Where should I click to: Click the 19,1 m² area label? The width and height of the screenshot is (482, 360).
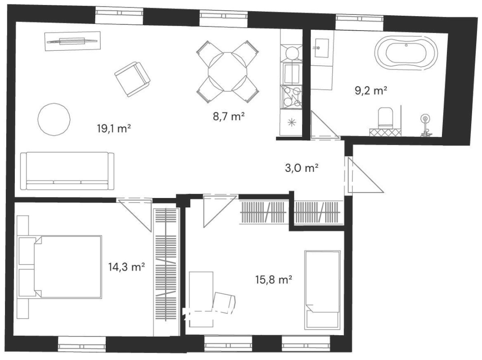click(114, 128)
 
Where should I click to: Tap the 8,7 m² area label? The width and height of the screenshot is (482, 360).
click(229, 116)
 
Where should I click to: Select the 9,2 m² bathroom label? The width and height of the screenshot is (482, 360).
click(371, 90)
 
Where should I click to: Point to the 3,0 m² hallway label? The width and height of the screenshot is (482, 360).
click(302, 168)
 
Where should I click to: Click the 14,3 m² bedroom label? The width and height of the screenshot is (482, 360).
click(127, 266)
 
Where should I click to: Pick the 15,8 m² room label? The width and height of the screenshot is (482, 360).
click(273, 279)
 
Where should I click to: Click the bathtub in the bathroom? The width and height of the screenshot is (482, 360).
click(406, 53)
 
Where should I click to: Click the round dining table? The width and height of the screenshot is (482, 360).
click(228, 72)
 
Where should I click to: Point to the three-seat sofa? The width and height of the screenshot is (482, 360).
click(67, 171)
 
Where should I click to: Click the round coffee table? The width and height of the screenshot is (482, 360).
click(54, 119)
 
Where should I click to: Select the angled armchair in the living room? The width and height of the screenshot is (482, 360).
click(133, 79)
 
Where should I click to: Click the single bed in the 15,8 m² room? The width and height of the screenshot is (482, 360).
click(322, 289)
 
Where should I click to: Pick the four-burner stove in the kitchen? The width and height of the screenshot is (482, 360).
click(292, 97)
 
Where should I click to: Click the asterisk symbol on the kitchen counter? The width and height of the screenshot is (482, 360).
click(291, 123)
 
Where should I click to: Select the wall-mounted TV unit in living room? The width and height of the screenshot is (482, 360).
click(72, 41)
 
